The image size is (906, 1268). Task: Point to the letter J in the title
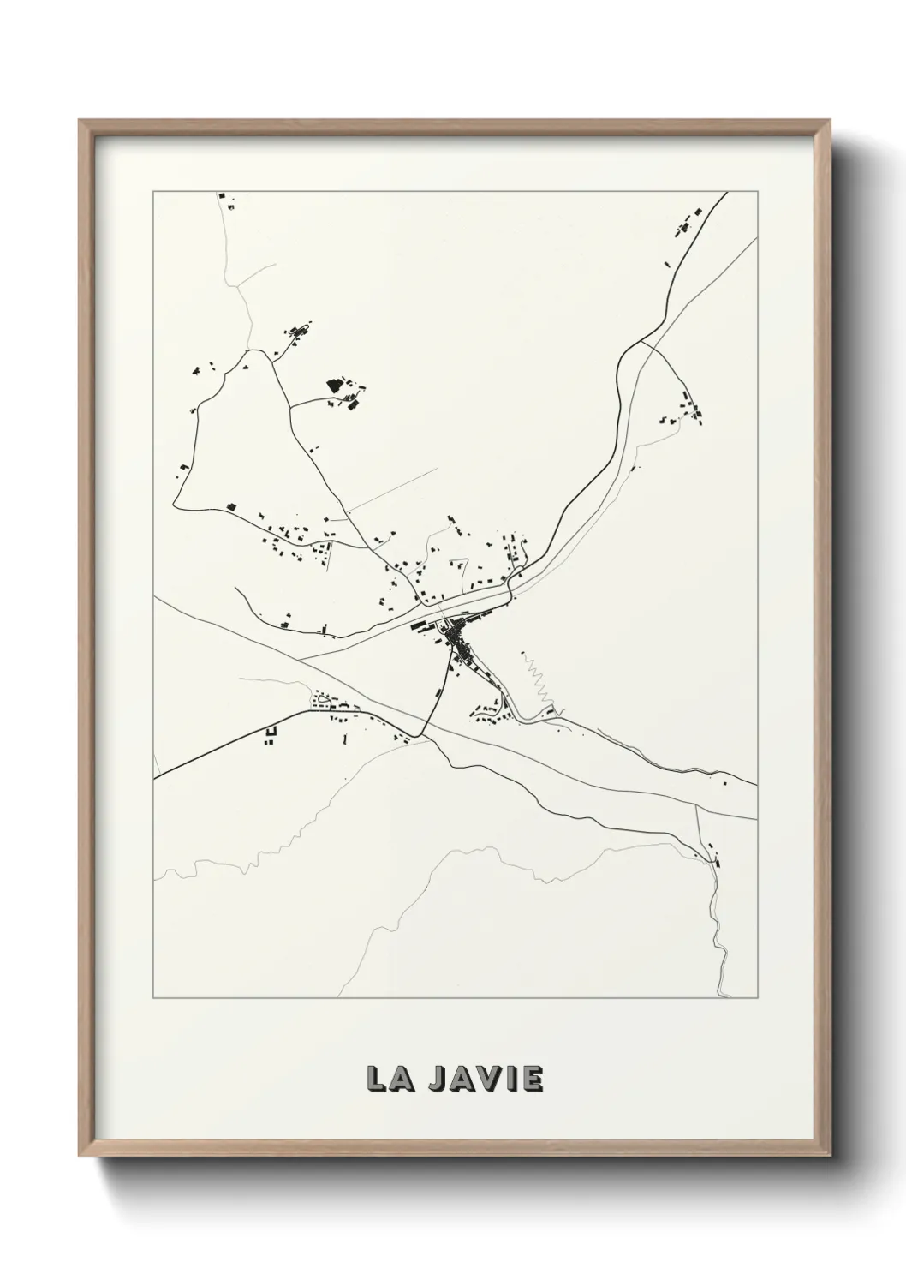click(438, 1079)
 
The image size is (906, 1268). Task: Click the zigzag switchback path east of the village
click(538, 681)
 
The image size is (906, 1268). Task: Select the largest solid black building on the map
click(334, 386)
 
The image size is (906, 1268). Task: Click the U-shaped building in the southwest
click(271, 734)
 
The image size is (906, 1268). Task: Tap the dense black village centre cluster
click(458, 639)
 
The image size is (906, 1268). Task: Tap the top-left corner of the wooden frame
click(81, 123)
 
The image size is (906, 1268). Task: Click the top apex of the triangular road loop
click(248, 350)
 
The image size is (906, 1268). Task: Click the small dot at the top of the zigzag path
click(522, 655)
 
